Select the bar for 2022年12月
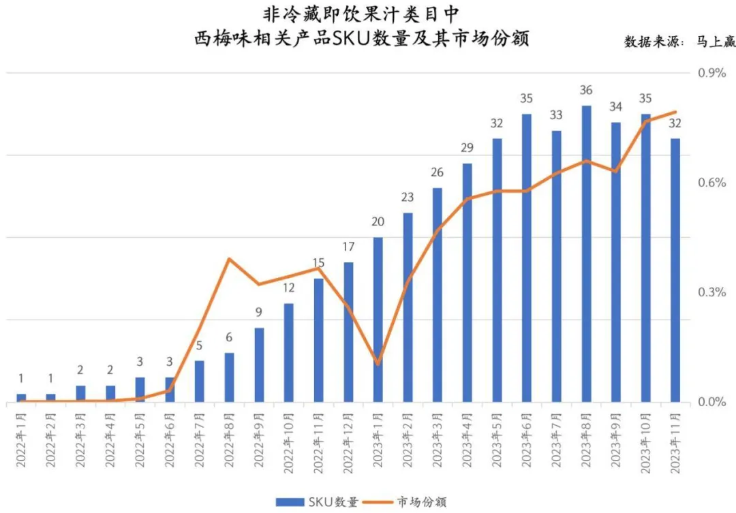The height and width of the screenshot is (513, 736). coord(348,332)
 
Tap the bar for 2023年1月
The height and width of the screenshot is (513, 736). coord(378,320)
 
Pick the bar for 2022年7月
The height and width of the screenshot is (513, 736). coord(199,381)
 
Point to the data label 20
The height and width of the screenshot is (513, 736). coord(378,221)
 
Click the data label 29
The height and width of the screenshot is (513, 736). coord(467,148)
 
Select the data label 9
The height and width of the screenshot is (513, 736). coord(259,313)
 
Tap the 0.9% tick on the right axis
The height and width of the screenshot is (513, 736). coord(709,73)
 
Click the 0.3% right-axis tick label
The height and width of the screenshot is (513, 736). coord(709,292)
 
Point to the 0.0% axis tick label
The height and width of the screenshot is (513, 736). coord(709,402)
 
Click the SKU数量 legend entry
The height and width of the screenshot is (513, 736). coord(318,502)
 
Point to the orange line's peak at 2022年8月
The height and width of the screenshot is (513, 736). coord(229,259)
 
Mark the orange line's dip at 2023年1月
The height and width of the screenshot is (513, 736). coord(378,363)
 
